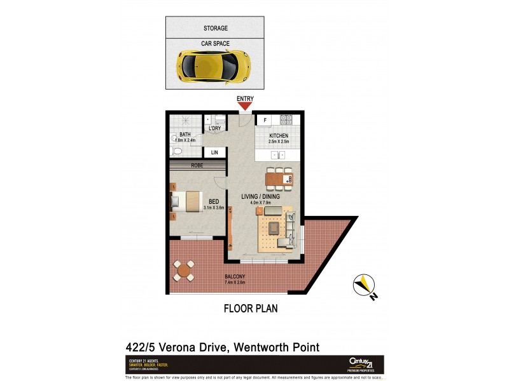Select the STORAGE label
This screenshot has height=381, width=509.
point(216,29)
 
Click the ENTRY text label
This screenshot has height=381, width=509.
point(245,98)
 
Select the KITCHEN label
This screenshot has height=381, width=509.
point(279,136)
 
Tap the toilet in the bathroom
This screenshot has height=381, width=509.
point(177,150)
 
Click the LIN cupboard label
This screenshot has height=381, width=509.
point(214,152)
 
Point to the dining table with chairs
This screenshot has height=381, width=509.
point(279,180)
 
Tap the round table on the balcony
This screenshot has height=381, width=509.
point(185,271)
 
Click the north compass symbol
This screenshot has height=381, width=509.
point(363,286)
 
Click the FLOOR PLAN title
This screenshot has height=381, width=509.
point(250,309)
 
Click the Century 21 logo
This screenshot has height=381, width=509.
point(365,363)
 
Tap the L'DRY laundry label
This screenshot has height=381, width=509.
point(214,129)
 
